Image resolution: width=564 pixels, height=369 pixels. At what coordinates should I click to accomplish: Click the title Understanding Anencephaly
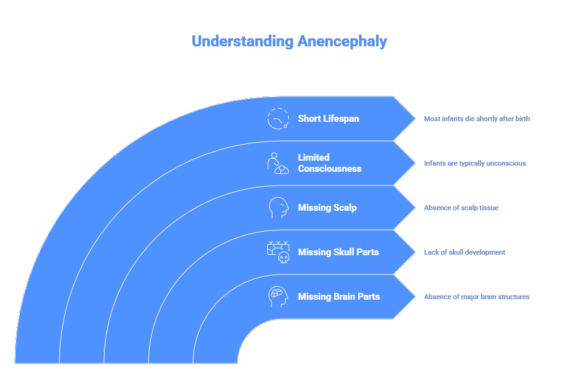pyautogui.click(x=289, y=41)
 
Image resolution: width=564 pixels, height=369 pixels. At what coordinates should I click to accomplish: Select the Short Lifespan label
pyautogui.click(x=328, y=119)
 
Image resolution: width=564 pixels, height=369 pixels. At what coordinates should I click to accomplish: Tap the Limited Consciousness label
pyautogui.click(x=329, y=163)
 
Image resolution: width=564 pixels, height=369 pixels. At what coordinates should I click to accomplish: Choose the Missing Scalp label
pyautogui.click(x=327, y=208)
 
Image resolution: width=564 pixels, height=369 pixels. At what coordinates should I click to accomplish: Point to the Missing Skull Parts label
pyautogui.click(x=338, y=252)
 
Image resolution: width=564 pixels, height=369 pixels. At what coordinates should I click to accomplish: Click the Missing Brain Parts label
pyautogui.click(x=339, y=297)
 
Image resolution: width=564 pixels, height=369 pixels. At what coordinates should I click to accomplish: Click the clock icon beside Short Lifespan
pyautogui.click(x=278, y=119)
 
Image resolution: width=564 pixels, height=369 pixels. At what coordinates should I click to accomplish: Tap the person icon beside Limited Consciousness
pyautogui.click(x=278, y=163)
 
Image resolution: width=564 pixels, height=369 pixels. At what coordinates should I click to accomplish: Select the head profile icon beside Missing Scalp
pyautogui.click(x=278, y=208)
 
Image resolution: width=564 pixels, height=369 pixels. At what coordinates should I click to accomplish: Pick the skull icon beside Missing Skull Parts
pyautogui.click(x=278, y=252)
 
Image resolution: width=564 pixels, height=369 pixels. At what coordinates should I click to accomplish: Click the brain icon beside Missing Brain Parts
pyautogui.click(x=278, y=297)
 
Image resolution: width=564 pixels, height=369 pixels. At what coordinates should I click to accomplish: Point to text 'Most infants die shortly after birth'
pyautogui.click(x=477, y=119)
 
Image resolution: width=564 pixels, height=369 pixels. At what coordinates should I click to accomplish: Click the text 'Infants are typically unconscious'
pyautogui.click(x=475, y=163)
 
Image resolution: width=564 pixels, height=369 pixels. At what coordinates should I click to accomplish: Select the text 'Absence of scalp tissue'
pyautogui.click(x=461, y=208)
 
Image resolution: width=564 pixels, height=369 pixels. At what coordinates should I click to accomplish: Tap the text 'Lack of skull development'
pyautogui.click(x=464, y=252)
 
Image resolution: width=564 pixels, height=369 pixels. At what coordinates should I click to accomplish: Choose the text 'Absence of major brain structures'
pyautogui.click(x=476, y=297)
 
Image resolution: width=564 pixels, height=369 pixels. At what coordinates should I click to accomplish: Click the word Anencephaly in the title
pyautogui.click(x=342, y=41)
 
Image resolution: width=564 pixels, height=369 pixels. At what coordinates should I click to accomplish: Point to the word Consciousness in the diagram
pyautogui.click(x=330, y=169)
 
